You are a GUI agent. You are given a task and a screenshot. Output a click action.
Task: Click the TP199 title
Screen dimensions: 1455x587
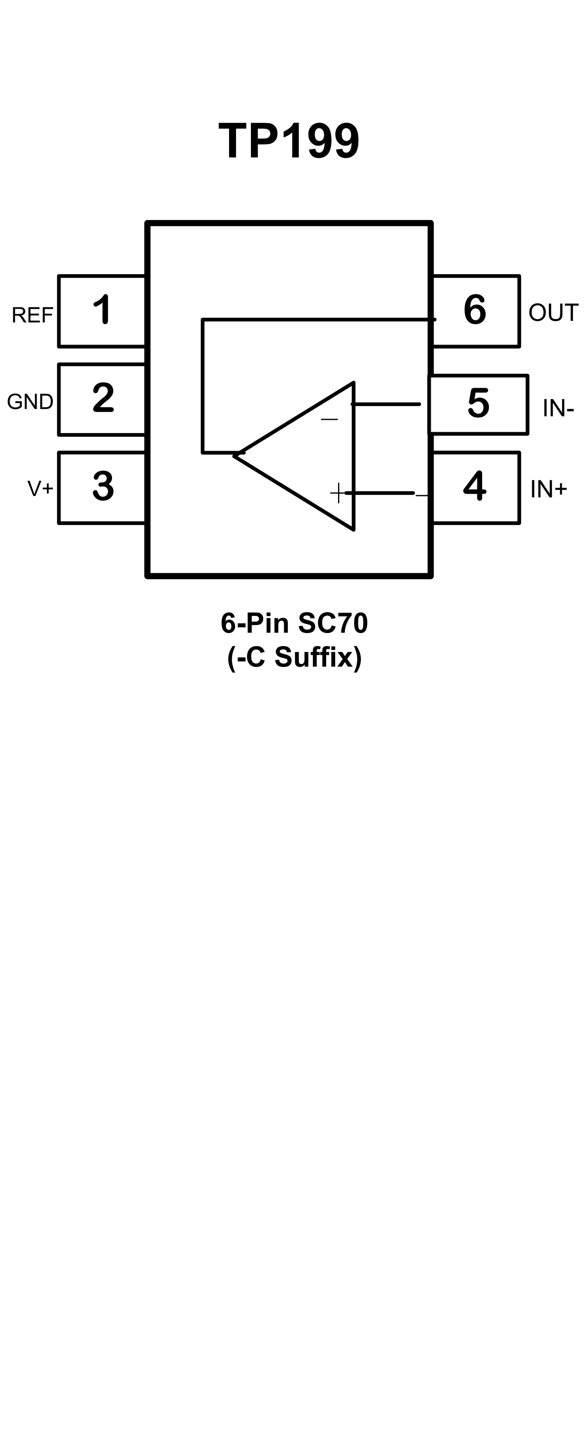(x=288, y=141)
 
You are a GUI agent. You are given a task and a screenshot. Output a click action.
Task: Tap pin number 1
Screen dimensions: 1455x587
(x=102, y=310)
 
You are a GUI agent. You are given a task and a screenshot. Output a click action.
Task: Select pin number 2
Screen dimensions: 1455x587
(x=103, y=398)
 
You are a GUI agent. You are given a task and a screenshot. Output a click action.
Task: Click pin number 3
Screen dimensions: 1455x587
(x=103, y=486)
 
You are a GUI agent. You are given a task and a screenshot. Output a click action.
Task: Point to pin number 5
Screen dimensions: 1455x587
(x=478, y=403)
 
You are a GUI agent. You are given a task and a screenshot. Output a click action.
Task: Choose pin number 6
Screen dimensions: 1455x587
(x=475, y=310)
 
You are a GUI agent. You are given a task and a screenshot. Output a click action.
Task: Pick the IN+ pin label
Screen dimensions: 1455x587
(x=548, y=489)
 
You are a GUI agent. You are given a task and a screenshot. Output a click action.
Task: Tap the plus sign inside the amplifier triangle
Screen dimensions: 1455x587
(x=338, y=493)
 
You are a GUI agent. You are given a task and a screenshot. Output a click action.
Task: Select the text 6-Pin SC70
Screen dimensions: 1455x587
(x=294, y=623)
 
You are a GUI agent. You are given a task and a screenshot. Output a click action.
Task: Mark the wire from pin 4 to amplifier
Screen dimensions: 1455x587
(x=380, y=493)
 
